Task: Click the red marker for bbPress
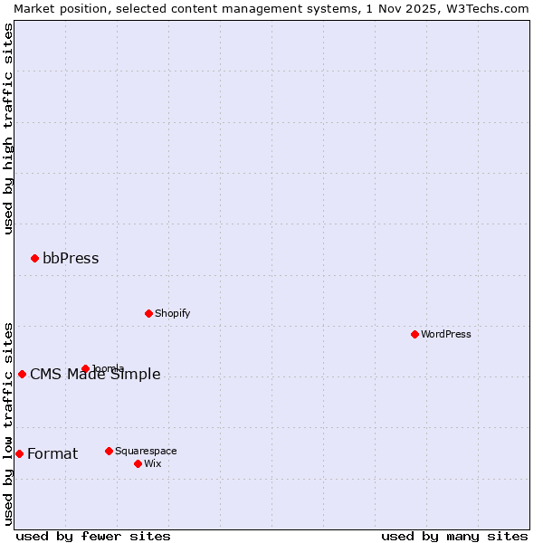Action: coord(34,259)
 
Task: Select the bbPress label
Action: coord(71,259)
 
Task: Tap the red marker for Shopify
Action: coord(148,314)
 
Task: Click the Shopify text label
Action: coord(172,314)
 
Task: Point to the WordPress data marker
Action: coord(414,335)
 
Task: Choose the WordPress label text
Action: coord(445,335)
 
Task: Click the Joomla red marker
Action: coord(85,368)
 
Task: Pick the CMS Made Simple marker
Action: coord(22,375)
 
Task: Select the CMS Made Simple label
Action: coord(95,375)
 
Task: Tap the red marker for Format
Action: coord(19,454)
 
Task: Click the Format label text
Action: coord(52,454)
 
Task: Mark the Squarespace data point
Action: coord(109,451)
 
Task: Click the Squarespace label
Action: coord(146,451)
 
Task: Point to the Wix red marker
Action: coord(138,463)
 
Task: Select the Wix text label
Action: coord(152,464)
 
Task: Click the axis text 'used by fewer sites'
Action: coord(93,537)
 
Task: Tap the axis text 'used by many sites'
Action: coord(454,537)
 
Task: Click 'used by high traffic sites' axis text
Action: coord(8,129)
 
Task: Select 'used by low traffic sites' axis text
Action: coord(8,424)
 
